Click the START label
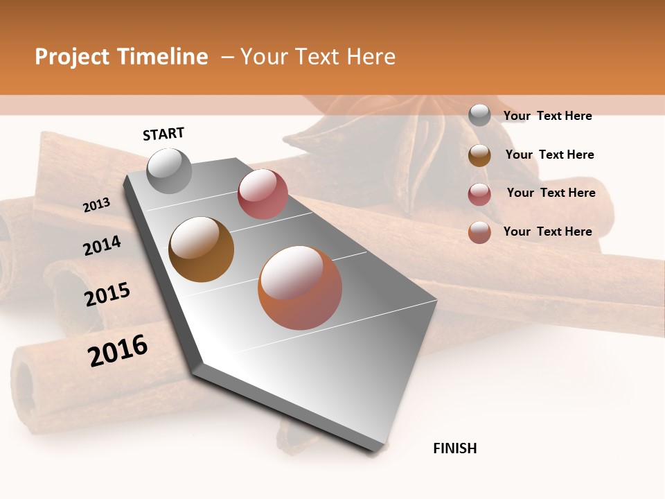point(163,134)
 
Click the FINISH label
point(454,448)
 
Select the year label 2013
point(96,204)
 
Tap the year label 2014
point(102,245)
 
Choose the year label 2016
point(118,350)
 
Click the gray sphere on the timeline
point(169,170)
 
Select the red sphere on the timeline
point(263,194)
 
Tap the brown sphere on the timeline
point(201,249)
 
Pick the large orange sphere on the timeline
point(300,288)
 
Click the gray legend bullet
point(479,115)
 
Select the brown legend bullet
point(479,155)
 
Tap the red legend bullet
point(479,194)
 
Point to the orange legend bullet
point(479,232)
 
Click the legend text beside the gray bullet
point(547,116)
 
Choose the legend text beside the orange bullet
point(547,231)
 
